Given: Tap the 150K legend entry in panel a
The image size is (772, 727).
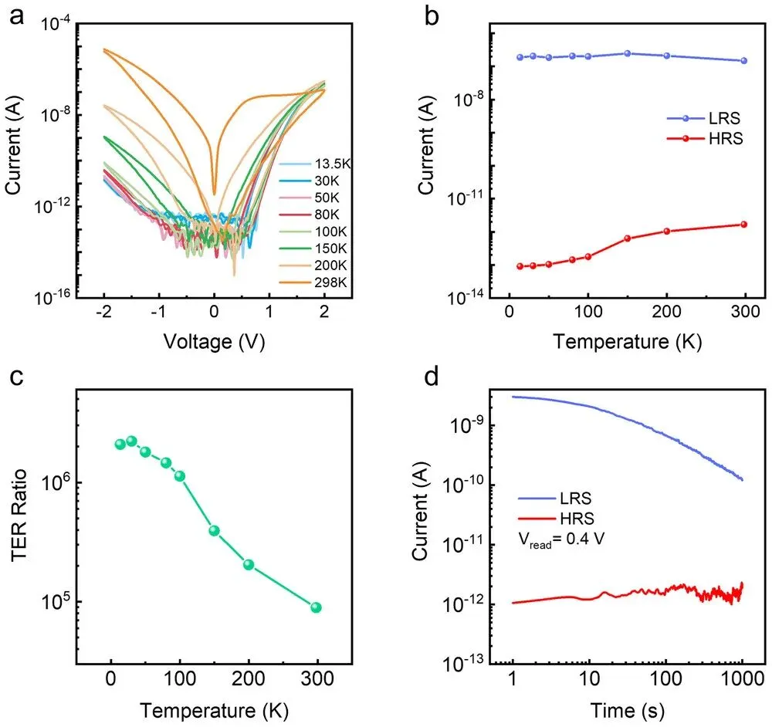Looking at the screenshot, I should click(x=323, y=248).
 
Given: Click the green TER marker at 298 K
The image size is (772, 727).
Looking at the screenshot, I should click(x=316, y=607).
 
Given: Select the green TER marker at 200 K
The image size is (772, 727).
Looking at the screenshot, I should click(x=249, y=565).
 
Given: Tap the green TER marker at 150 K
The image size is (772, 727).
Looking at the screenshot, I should click(x=215, y=530).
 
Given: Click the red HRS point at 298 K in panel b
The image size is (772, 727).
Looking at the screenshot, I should click(x=744, y=225).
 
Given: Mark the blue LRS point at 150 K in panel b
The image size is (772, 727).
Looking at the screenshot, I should click(x=628, y=53).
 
